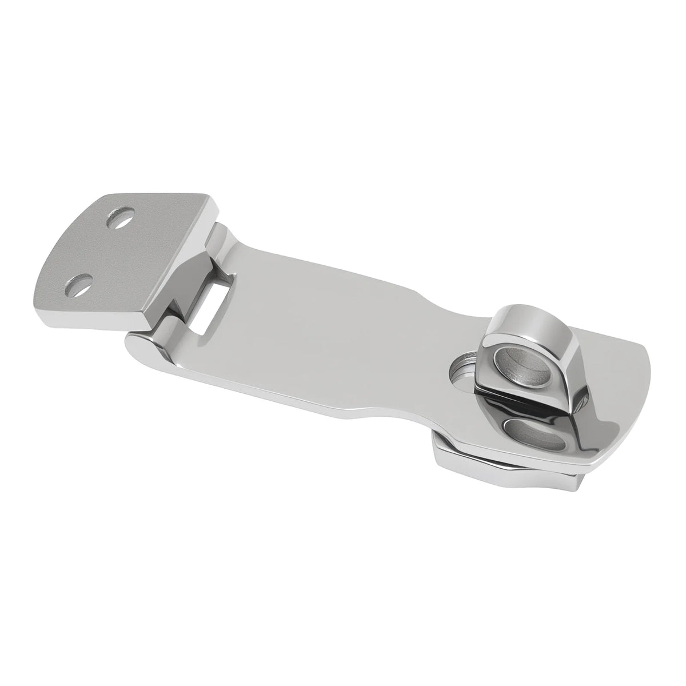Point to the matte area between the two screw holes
100,252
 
